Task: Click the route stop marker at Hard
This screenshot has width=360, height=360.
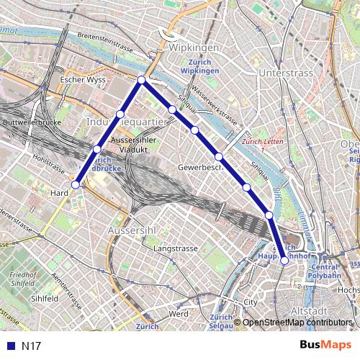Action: coord(76,185)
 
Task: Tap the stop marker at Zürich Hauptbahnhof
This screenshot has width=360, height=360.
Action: coord(284,261)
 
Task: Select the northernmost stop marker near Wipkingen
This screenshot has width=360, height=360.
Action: coord(142,79)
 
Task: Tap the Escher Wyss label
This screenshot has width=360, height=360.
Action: coord(83,79)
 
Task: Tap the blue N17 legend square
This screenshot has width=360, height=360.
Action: coord(9,346)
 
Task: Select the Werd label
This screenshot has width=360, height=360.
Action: coord(178,315)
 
